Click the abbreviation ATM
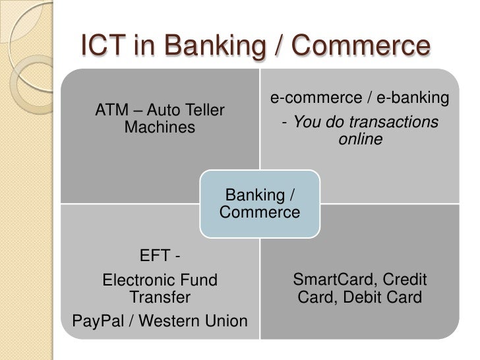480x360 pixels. pos(113,109)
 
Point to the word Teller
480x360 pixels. pos(201,109)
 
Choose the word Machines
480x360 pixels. pos(160,127)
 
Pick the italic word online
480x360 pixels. pos(359,139)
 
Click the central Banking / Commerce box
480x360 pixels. pos(259,204)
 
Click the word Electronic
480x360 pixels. pos(138,280)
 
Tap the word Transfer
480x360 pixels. pos(160,297)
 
